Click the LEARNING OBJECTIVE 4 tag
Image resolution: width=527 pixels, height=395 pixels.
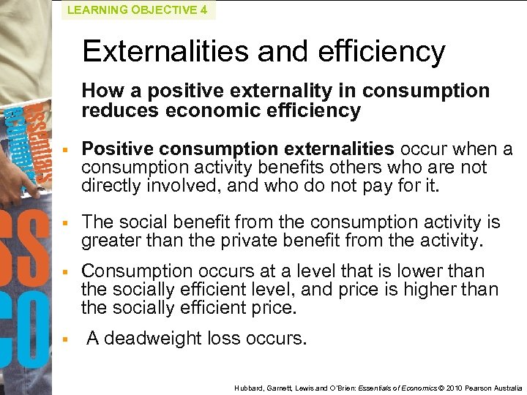[x=138, y=10]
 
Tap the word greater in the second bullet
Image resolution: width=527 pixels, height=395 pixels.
[x=111, y=239]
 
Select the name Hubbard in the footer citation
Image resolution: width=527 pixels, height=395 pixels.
[x=247, y=387]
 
